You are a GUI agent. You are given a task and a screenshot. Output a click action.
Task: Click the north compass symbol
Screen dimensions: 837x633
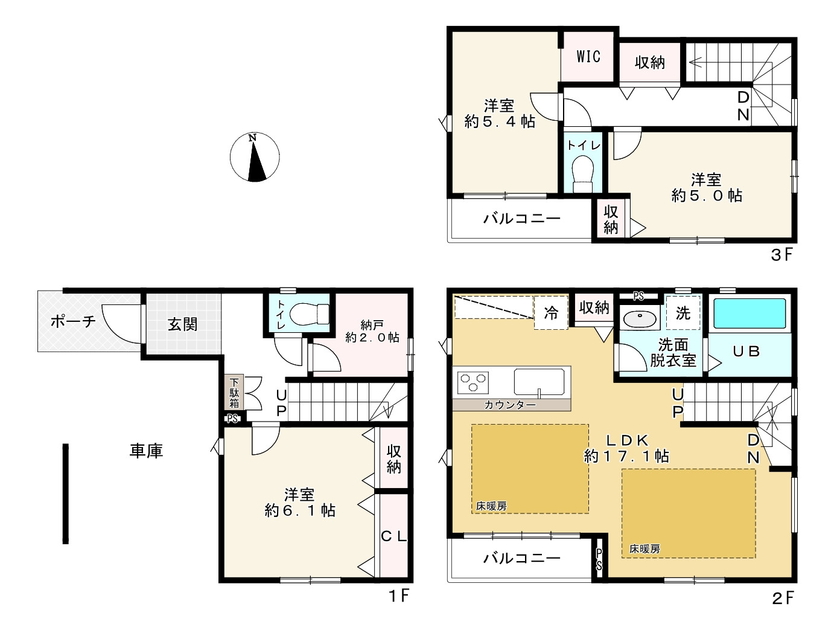click(254, 157)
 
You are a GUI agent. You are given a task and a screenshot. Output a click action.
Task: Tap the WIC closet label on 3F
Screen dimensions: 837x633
click(588, 57)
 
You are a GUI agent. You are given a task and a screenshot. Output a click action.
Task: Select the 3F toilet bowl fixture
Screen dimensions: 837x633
click(583, 170)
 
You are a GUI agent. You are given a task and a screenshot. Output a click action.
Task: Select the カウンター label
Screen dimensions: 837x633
click(510, 405)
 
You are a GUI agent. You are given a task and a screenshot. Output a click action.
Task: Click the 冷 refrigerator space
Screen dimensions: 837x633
click(551, 312)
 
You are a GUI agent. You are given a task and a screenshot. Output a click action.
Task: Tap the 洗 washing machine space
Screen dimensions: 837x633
click(683, 313)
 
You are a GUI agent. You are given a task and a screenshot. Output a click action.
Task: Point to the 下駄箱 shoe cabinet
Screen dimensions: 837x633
click(234, 393)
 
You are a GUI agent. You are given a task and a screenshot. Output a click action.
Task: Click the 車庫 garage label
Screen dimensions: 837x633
click(146, 451)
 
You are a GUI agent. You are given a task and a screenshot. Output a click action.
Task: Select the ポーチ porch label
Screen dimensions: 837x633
click(72, 321)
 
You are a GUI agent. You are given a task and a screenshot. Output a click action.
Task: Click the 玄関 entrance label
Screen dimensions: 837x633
click(182, 324)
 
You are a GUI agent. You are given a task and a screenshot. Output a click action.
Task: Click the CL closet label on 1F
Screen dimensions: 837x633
click(394, 536)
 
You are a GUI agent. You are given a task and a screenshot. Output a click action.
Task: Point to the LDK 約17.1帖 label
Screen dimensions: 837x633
click(626, 448)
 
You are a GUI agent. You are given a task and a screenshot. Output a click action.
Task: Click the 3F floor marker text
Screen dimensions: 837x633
click(781, 255)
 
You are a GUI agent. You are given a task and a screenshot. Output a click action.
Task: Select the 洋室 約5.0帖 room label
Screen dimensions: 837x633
click(706, 188)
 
